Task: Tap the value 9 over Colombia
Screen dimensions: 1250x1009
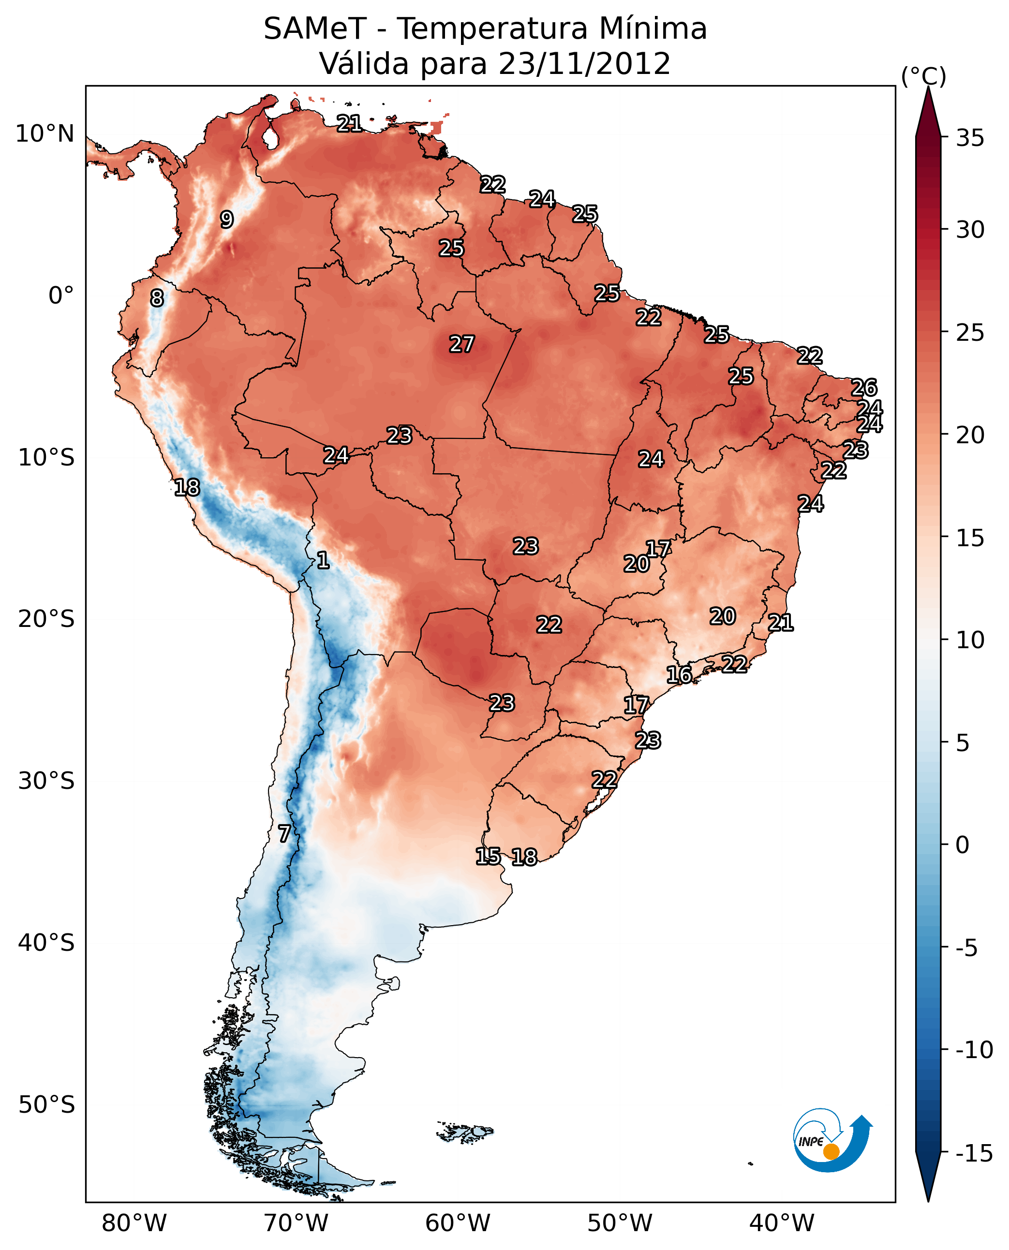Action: (x=227, y=219)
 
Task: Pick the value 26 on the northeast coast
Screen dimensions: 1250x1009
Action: (x=864, y=388)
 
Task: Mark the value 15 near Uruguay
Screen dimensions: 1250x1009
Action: (x=488, y=856)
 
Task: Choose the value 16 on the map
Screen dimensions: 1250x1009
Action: (x=679, y=675)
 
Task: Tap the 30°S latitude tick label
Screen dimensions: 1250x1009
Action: (x=46, y=781)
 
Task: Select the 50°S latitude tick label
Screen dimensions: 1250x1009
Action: (x=46, y=1105)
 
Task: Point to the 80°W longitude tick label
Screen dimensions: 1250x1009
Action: (x=134, y=1223)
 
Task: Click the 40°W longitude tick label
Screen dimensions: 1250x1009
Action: (x=782, y=1223)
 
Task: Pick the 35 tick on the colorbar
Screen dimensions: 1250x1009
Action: (x=970, y=138)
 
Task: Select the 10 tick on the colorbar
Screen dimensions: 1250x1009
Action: (x=970, y=640)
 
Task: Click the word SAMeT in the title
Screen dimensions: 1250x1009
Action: (x=314, y=29)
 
